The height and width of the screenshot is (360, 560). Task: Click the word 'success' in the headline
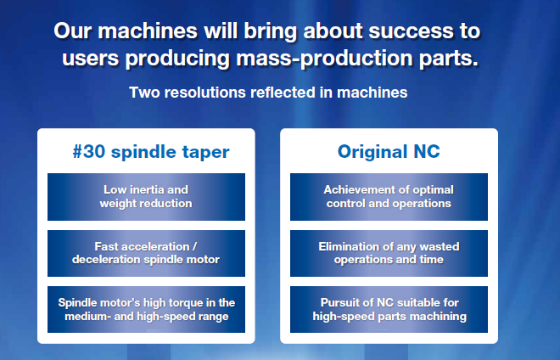[x=411, y=31]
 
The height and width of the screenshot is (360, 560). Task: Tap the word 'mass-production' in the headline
[x=324, y=59]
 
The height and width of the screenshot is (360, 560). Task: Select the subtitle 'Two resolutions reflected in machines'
[x=268, y=93]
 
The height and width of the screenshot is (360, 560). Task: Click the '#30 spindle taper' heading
[x=151, y=152]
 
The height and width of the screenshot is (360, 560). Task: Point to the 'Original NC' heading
[x=389, y=152]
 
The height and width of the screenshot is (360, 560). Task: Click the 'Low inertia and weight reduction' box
[x=146, y=197]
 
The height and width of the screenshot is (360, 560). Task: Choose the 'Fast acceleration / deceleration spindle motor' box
[x=146, y=253]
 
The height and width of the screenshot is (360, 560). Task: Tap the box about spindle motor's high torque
[x=146, y=309]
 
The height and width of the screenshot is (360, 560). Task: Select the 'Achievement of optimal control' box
[x=389, y=197]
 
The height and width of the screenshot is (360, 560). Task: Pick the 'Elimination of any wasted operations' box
[x=389, y=253]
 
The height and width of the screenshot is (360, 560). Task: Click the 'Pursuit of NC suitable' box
[x=389, y=309]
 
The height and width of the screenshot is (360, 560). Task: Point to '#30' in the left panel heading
[x=89, y=151]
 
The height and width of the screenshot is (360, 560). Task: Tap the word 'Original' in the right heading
[x=372, y=152]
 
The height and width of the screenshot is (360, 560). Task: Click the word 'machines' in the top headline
[x=148, y=31]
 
